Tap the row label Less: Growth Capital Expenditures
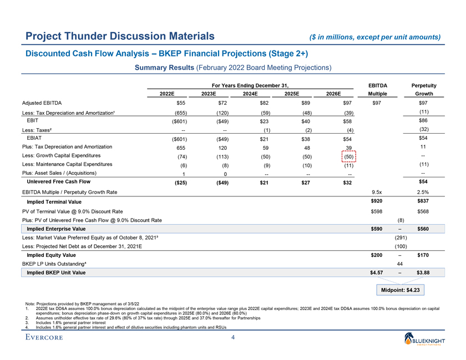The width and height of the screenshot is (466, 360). tap(67, 156)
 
